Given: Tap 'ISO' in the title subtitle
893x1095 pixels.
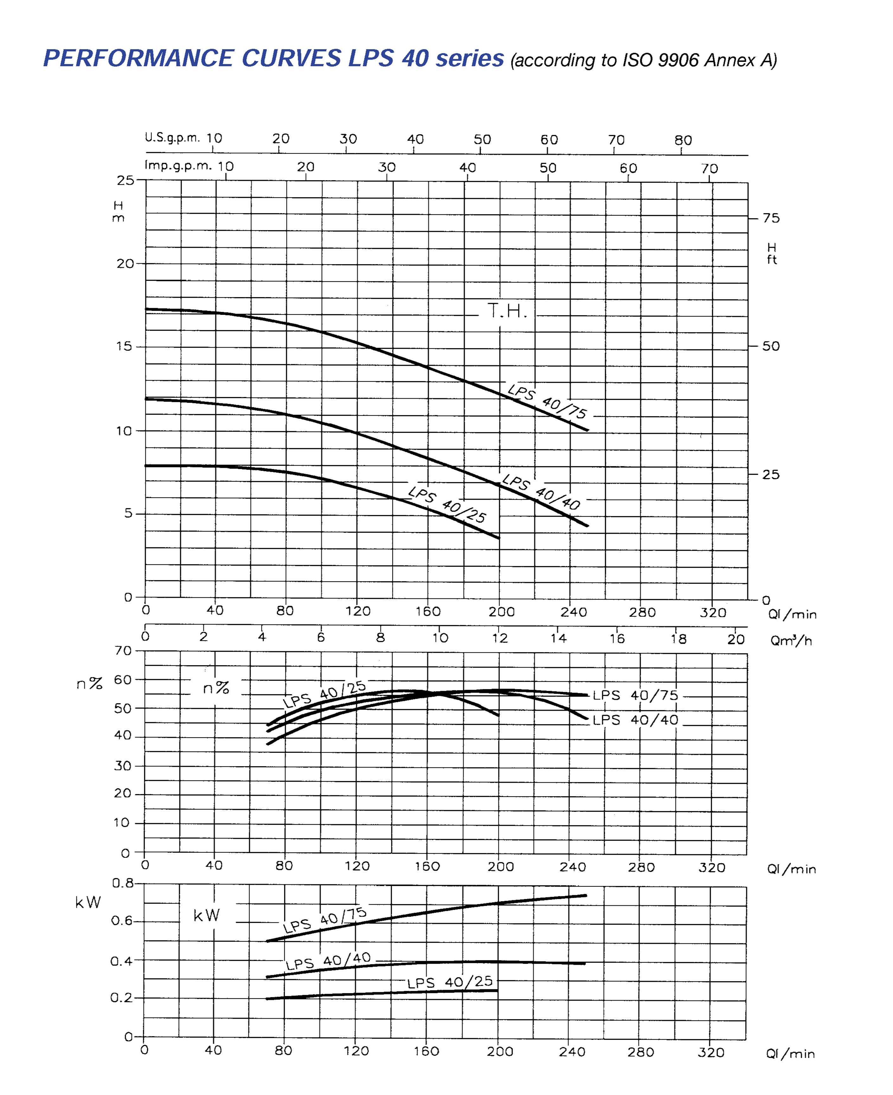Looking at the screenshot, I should [638, 60].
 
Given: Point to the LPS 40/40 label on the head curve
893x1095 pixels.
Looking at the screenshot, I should [541, 491].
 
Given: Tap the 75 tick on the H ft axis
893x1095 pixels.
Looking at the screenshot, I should [771, 218].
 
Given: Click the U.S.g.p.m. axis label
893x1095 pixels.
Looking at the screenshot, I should [172, 137].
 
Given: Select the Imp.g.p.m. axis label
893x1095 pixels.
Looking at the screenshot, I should [178, 165].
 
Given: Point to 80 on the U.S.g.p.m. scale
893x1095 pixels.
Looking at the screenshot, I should [683, 140].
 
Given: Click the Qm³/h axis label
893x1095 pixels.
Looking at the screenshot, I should [791, 641].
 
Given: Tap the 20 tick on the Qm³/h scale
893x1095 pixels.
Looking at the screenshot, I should [736, 639].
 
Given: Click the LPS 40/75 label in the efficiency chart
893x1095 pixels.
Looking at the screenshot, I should [635, 695].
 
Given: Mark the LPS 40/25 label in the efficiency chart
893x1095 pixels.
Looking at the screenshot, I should [324, 694].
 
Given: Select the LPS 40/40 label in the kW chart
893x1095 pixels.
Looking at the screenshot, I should [328, 961].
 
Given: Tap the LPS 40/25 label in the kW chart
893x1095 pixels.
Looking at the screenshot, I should [450, 982].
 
